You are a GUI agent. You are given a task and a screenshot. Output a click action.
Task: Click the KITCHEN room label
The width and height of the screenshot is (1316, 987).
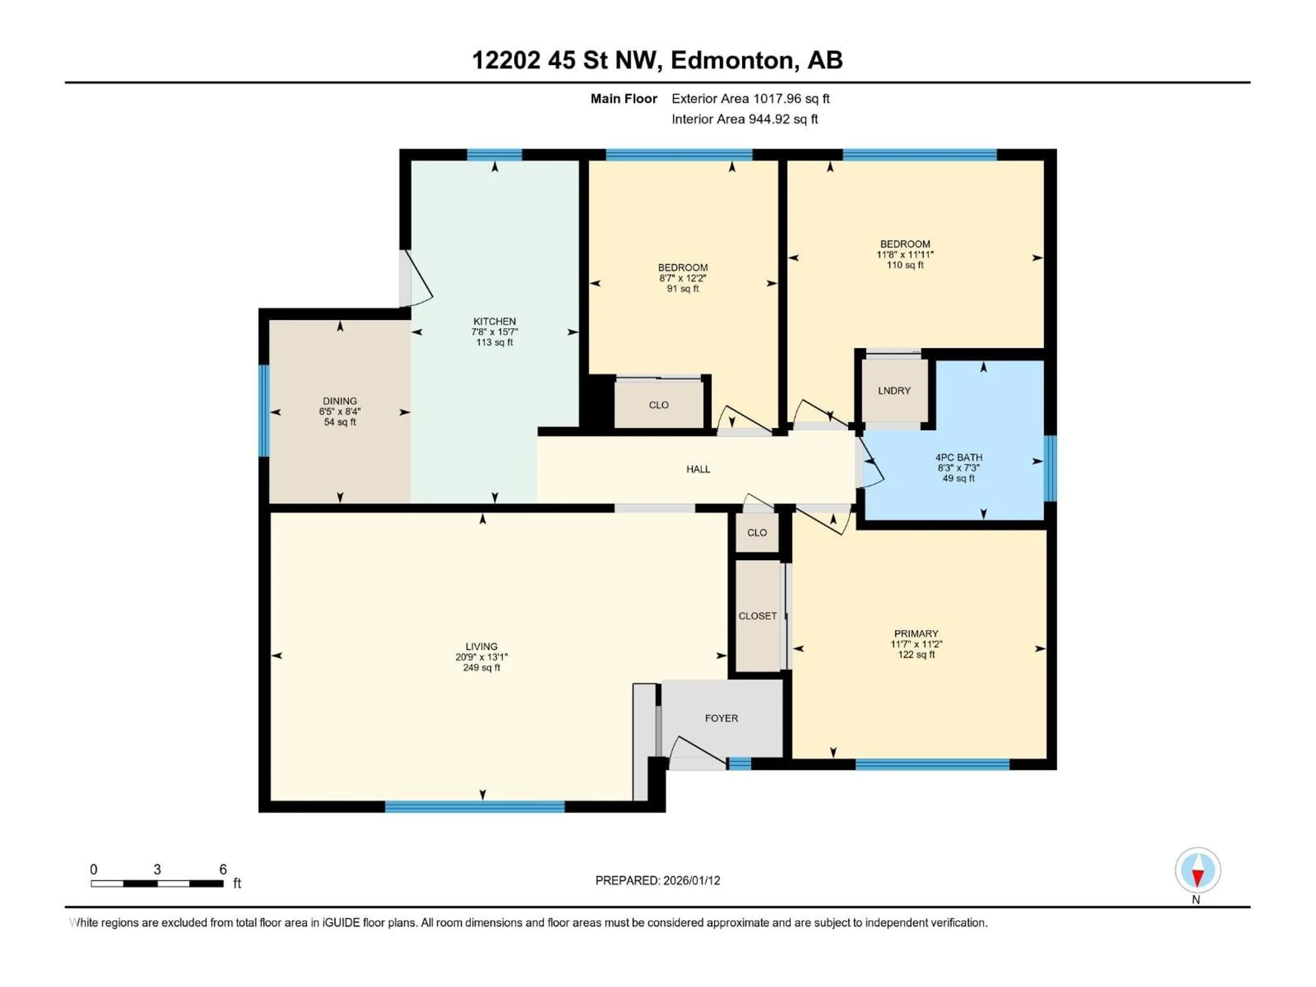click(495, 321)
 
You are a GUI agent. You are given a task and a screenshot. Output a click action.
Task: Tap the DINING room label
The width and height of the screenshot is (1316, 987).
click(340, 401)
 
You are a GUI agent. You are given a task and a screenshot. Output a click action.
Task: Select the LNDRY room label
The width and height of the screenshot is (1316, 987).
click(893, 390)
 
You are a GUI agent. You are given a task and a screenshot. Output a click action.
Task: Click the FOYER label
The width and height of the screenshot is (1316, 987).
click(721, 718)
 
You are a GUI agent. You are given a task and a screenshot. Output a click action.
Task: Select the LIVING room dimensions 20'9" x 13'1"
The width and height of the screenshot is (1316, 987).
click(481, 657)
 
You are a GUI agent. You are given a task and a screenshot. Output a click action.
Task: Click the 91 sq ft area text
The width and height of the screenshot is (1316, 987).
click(682, 289)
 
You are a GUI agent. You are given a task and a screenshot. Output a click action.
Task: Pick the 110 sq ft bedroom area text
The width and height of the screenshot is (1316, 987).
click(904, 265)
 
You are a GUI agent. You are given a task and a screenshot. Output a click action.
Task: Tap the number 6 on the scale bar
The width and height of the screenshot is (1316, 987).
click(223, 869)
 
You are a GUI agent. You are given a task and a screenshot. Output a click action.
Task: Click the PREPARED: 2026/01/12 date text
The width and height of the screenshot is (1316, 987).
click(657, 880)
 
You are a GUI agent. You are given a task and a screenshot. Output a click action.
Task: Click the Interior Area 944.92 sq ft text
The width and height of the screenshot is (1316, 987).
click(744, 119)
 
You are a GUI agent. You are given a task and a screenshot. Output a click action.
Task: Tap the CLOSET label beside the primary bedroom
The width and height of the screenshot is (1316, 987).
click(757, 616)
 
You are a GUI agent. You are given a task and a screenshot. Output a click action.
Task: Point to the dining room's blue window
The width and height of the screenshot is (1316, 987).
click(264, 411)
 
